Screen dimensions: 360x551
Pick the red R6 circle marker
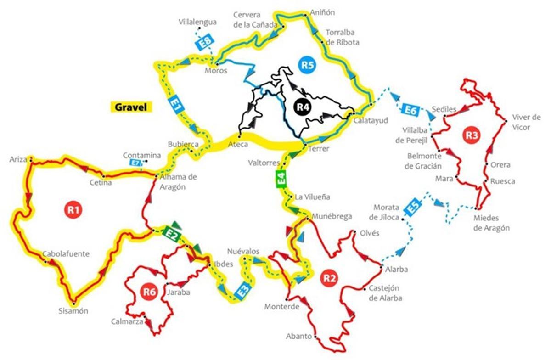(148, 291)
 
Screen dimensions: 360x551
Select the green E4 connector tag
(281, 179)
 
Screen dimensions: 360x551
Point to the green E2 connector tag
(172, 234)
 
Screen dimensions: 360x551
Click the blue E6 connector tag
(411, 110)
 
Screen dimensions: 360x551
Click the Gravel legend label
(132, 107)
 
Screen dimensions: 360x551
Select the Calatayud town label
(371, 120)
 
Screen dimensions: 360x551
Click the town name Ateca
(238, 144)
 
